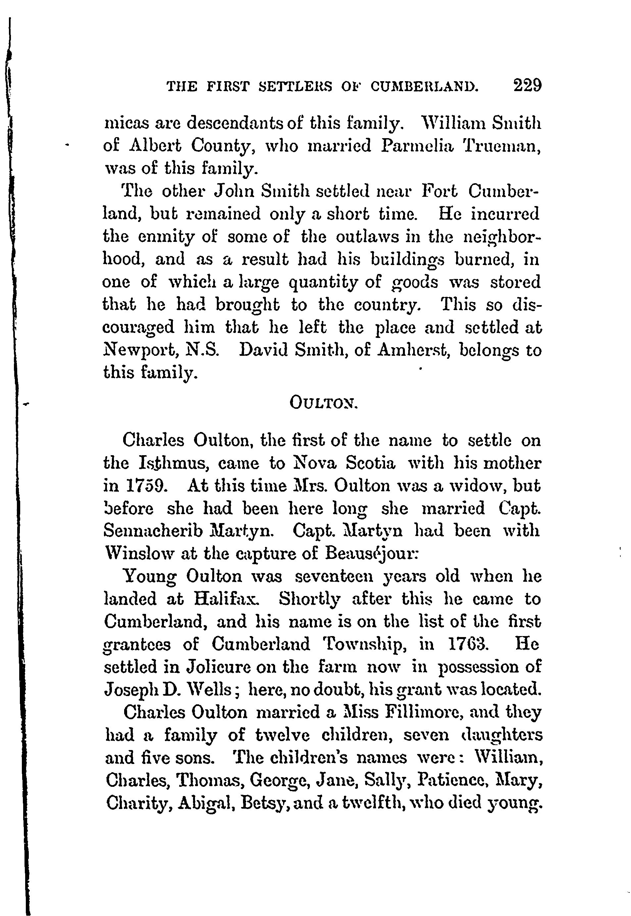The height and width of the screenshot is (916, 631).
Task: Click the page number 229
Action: click(x=527, y=85)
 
